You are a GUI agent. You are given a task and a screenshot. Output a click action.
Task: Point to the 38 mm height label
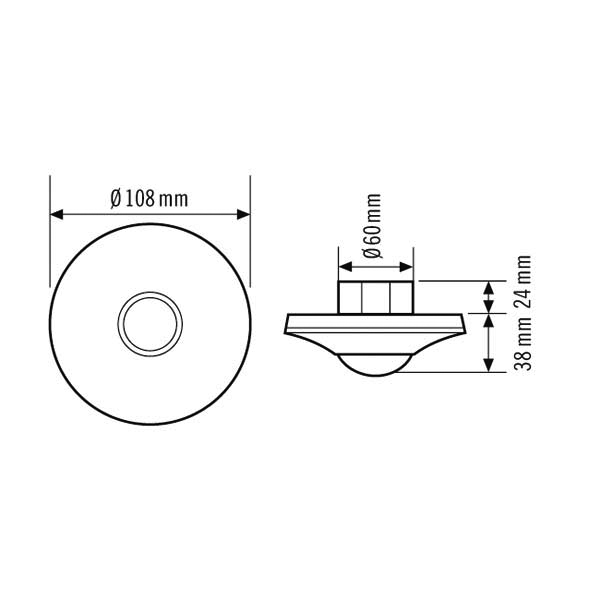[522, 346]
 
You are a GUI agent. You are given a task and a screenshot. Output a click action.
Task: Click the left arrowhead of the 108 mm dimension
[57, 214]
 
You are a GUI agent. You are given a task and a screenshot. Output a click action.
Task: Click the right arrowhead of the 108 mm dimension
[243, 214]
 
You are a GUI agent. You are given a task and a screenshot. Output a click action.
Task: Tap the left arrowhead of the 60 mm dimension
[344, 268]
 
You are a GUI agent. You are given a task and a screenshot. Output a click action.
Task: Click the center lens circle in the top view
[150, 323]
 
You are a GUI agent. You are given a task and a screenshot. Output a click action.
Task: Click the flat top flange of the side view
[376, 318]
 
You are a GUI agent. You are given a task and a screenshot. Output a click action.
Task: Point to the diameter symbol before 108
[117, 198]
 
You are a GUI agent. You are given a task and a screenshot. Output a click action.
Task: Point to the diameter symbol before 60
[372, 250]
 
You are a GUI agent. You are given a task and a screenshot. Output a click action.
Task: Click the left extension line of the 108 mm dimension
[50, 240]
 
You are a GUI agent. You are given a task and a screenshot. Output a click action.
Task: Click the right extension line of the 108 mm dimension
[250, 240]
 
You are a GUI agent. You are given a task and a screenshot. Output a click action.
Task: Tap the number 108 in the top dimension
[141, 198]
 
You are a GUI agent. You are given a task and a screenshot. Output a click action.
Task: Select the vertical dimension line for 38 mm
[488, 343]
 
